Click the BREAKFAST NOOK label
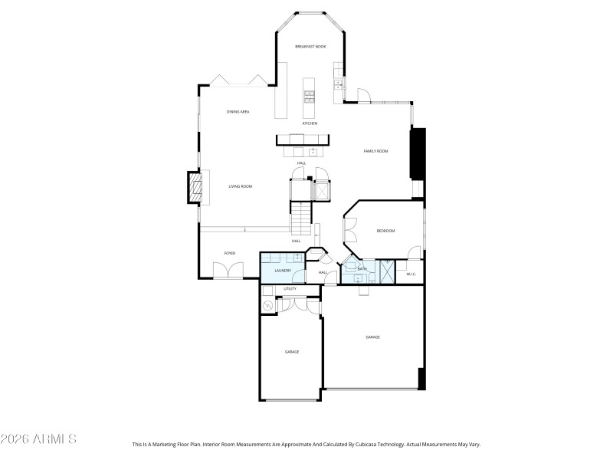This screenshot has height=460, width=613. (x=310, y=47)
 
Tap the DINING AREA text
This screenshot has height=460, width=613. (x=238, y=112)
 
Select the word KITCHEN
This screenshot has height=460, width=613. (x=310, y=123)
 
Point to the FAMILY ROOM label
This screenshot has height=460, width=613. (x=375, y=151)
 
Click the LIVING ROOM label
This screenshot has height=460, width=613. (x=241, y=186)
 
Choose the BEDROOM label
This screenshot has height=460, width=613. (x=385, y=231)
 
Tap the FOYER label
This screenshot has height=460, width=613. (x=229, y=253)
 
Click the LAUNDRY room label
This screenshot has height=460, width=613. (x=283, y=271)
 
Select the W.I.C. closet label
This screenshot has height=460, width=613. (x=410, y=274)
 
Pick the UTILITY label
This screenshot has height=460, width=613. (x=290, y=289)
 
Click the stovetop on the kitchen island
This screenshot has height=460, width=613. (x=310, y=97)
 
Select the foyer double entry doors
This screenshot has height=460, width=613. (x=228, y=271)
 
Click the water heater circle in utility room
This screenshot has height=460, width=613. (x=268, y=306)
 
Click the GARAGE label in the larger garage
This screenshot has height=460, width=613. (x=372, y=337)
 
